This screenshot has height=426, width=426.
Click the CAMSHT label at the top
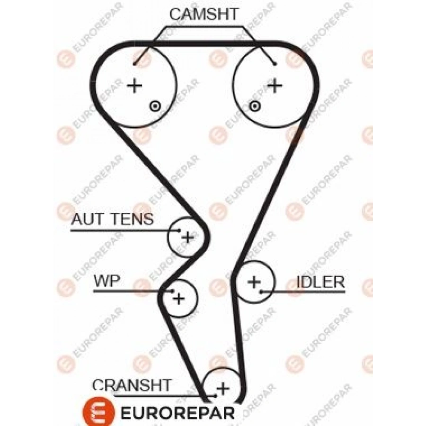click(204, 15)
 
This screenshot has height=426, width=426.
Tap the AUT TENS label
click(112, 219)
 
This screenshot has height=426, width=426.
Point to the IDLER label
click(320, 282)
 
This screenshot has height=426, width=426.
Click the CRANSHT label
click(133, 385)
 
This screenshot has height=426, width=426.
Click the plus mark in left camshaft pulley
click(135, 86)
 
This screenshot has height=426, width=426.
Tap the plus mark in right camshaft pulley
click(275, 86)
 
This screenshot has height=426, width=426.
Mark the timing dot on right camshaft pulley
click(255, 106)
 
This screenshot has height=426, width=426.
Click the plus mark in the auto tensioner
click(188, 237)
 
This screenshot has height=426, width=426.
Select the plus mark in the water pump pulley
click(178, 298)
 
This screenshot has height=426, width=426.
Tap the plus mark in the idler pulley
click(254, 282)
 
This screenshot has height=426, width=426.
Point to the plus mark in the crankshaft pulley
click(222, 389)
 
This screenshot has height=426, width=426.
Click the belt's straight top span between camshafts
click(204, 44)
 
